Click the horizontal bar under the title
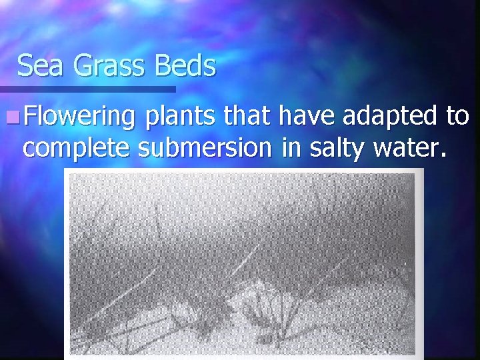click(x=87, y=89)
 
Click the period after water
click(x=439, y=156)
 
